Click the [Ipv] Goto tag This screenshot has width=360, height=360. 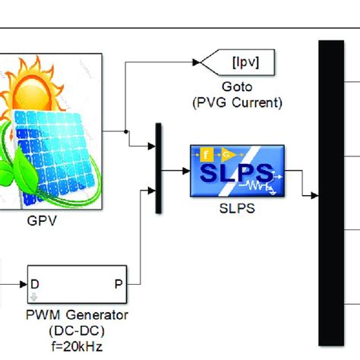[237, 62]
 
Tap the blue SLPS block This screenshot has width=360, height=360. [236, 172]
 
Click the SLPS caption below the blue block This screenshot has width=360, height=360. [236, 207]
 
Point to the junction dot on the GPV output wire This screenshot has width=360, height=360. [125, 131]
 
